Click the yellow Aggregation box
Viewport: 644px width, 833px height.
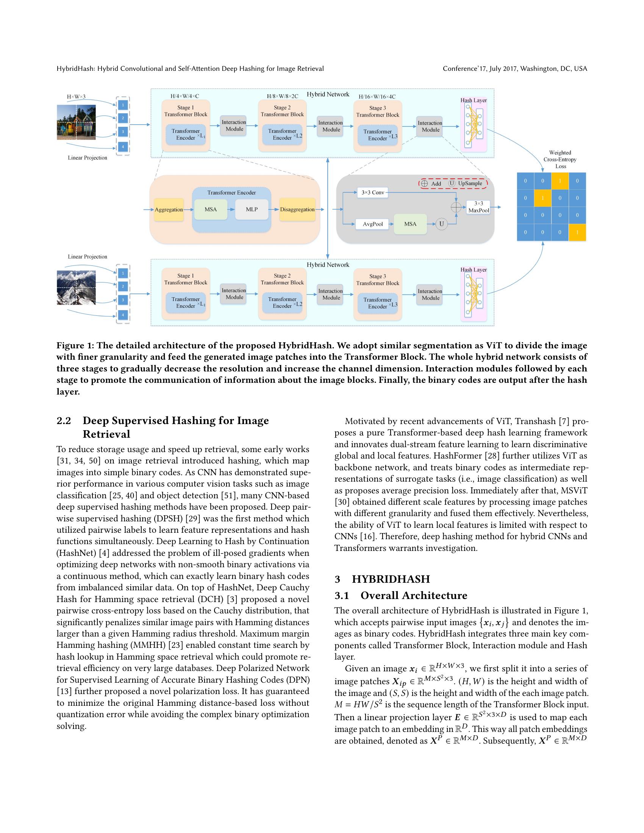point(169,209)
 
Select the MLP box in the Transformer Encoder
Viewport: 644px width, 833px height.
point(252,209)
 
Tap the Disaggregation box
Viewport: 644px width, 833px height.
point(297,209)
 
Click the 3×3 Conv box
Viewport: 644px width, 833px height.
point(372,193)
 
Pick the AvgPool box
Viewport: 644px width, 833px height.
point(372,224)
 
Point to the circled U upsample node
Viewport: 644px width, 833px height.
point(441,224)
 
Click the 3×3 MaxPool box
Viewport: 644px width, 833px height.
point(478,207)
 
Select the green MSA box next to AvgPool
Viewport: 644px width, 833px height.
point(410,224)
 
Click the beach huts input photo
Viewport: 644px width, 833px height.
point(76,122)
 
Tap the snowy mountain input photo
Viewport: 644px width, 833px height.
point(76,288)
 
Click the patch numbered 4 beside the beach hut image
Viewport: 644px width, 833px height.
point(123,147)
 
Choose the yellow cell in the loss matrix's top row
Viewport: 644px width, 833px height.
point(560,181)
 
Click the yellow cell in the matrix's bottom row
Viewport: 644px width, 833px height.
point(577,232)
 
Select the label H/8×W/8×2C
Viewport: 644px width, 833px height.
point(282,96)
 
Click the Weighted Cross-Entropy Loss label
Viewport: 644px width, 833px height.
point(560,159)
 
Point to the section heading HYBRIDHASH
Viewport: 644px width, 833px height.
point(391,579)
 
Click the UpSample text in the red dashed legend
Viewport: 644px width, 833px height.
point(470,184)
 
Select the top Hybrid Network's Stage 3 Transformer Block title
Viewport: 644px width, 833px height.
point(377,111)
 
